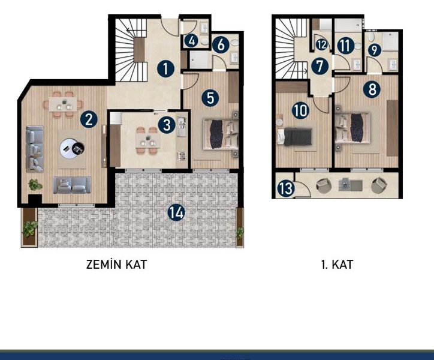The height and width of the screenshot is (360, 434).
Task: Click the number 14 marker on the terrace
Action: click(x=176, y=212)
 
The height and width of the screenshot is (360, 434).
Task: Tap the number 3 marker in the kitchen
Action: click(x=167, y=125)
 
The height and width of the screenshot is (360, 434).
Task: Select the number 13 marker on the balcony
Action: click(x=286, y=188)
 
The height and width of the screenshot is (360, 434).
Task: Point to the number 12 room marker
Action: click(x=321, y=44)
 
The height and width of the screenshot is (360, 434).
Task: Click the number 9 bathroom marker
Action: click(x=375, y=50)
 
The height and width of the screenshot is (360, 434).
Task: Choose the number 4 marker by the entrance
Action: click(x=191, y=41)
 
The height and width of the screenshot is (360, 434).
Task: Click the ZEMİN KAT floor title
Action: click(x=116, y=265)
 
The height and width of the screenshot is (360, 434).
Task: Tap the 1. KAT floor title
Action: click(x=337, y=265)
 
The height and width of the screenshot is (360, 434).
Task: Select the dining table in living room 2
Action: click(x=62, y=104)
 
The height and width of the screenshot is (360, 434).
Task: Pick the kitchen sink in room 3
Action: click(x=182, y=127)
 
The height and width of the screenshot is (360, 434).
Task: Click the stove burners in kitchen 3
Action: click(x=182, y=156)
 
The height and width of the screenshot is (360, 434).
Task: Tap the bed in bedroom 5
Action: click(x=221, y=134)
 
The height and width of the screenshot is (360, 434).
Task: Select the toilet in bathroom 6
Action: click(x=235, y=42)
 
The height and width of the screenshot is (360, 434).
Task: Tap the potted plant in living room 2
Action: click(x=35, y=185)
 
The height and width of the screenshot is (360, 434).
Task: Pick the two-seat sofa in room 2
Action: click(x=72, y=185)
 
